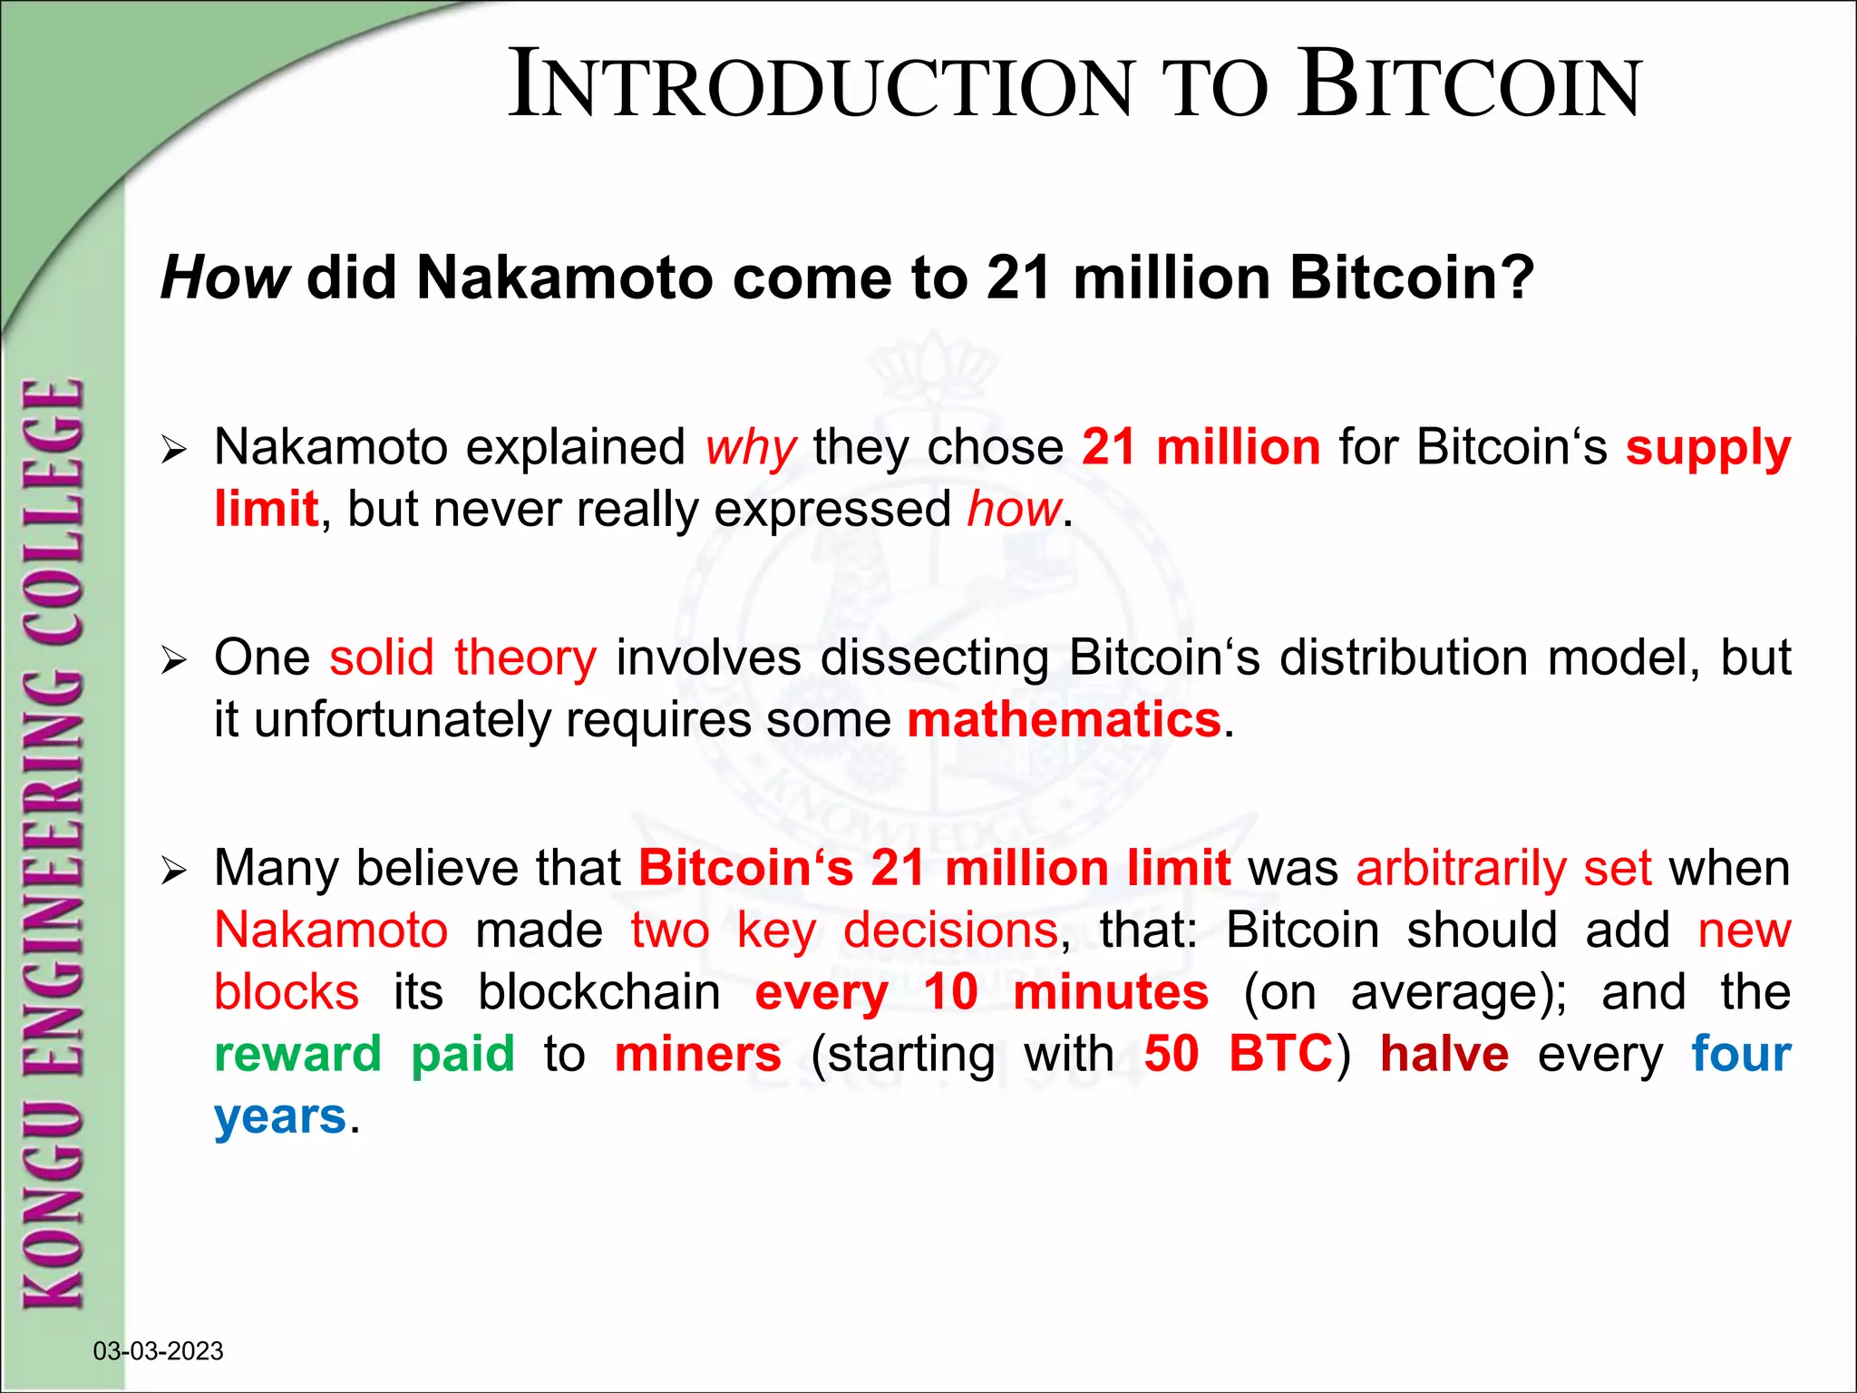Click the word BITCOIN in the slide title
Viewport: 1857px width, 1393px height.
1469,86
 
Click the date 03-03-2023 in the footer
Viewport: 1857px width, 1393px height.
158,1351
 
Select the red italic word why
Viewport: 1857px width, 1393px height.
751,448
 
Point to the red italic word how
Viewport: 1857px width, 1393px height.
1014,510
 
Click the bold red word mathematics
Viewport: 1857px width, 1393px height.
1065,720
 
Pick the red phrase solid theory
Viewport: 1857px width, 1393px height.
462,658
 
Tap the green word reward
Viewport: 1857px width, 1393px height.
297,1054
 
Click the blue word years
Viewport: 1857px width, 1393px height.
280,1116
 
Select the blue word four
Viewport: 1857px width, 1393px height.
1741,1054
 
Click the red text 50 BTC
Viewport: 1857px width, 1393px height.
1238,1054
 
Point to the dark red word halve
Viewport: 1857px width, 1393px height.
1444,1054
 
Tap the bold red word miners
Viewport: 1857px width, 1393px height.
697,1054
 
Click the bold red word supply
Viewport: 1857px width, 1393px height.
1707,448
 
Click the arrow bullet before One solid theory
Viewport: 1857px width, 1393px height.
172,660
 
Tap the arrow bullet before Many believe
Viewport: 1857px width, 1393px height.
172,872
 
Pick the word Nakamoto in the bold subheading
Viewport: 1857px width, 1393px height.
564,278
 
